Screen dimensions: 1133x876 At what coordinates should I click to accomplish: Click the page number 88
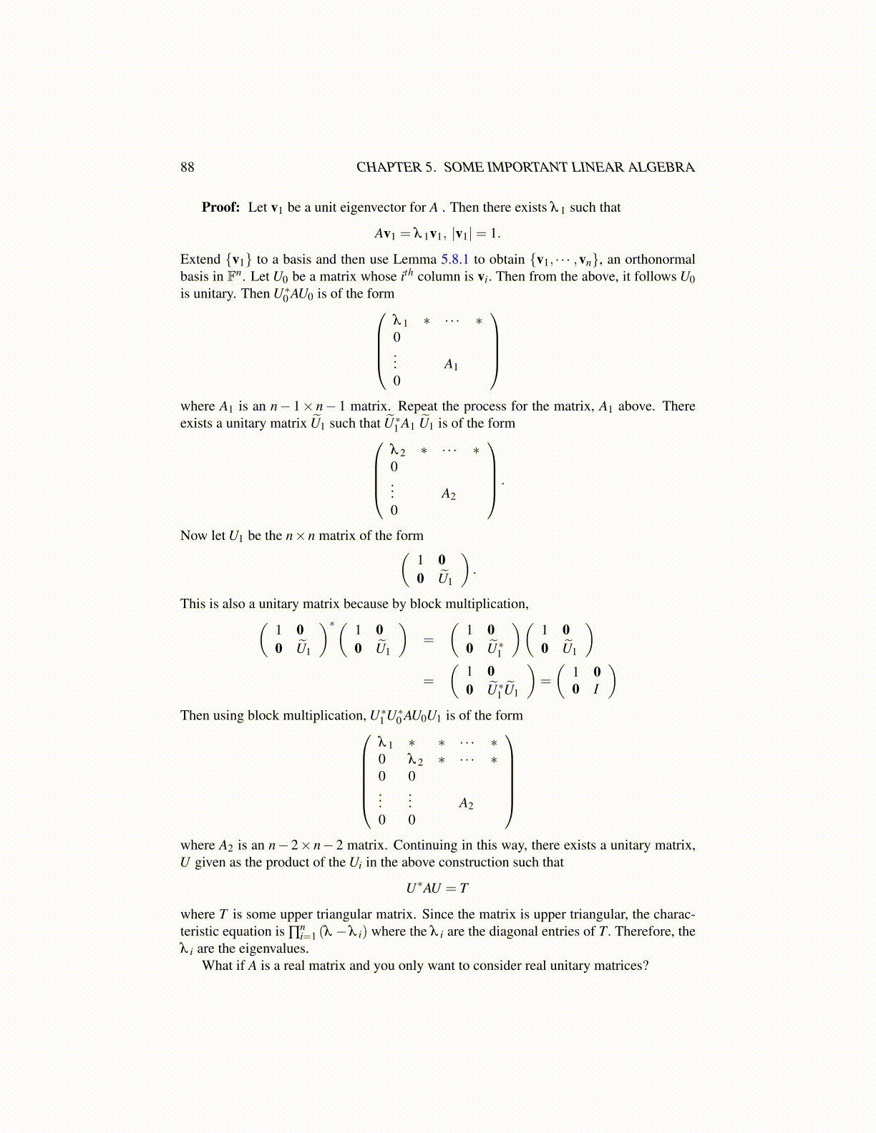tap(187, 167)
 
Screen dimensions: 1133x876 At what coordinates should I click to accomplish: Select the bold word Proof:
tap(220, 207)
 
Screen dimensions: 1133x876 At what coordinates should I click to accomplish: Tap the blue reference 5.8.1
tap(454, 260)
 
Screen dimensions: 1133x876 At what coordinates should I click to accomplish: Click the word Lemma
tap(415, 260)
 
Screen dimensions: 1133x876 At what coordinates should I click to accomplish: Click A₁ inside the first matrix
tap(451, 365)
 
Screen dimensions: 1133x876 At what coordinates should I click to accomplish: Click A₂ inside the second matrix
tap(449, 494)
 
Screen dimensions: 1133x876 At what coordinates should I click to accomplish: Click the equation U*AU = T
tap(437, 888)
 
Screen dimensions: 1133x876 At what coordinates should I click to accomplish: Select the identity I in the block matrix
tap(595, 690)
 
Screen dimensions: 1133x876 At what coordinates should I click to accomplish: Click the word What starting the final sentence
tap(218, 966)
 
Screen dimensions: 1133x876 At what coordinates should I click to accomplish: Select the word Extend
tap(200, 260)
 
